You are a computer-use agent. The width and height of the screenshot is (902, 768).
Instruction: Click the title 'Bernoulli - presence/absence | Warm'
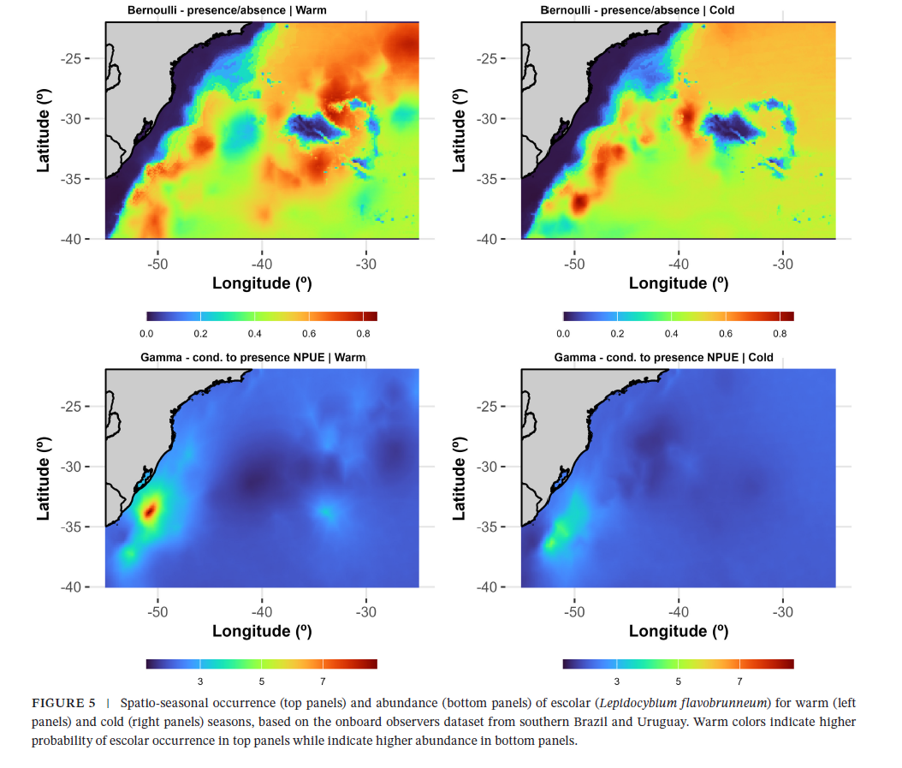[227, 10]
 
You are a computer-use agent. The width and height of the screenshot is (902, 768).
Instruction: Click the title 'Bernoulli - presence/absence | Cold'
[638, 10]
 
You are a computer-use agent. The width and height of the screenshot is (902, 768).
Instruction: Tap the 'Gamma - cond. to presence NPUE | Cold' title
[663, 357]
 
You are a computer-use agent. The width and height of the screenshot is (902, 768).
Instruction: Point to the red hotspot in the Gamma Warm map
[149, 511]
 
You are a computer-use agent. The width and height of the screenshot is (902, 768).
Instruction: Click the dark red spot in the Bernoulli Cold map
[579, 204]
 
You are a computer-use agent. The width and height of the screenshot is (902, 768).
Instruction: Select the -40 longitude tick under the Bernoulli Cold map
[678, 264]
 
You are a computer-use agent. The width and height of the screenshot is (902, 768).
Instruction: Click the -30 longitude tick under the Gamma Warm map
[365, 611]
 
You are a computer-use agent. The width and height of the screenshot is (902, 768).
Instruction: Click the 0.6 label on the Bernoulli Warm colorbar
[309, 334]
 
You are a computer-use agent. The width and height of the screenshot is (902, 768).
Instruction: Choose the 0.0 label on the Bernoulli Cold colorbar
[563, 334]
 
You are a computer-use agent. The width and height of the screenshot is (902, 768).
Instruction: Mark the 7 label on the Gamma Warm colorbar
[323, 682]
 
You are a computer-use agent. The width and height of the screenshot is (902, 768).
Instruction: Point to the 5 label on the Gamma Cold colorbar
[678, 682]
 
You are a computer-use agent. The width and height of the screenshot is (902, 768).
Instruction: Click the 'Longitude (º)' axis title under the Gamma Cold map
[679, 631]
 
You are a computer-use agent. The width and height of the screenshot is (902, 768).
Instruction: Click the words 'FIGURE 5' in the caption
[64, 703]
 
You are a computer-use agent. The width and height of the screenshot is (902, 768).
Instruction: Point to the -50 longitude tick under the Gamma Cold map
[574, 611]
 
